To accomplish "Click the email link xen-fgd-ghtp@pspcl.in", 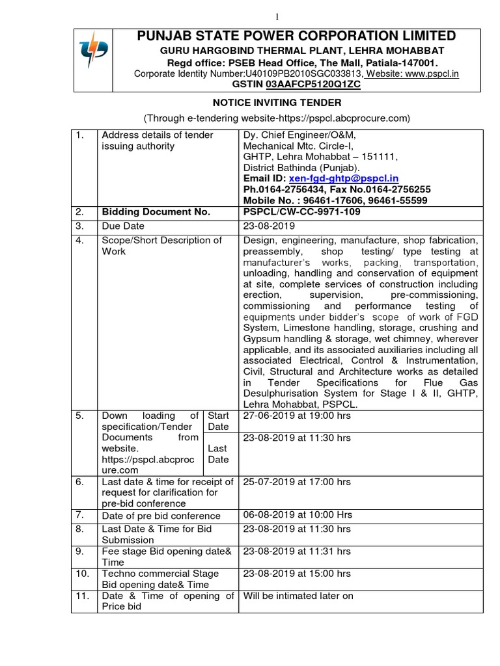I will click(344, 178).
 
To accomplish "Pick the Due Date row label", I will click(124, 226).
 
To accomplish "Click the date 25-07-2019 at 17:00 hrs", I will click(297, 482).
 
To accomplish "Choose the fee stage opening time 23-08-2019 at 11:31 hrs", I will click(297, 551).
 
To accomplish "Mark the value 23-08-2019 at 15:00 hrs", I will click(297, 574).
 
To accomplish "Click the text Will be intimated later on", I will click(298, 596).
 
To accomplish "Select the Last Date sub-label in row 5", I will click(217, 454).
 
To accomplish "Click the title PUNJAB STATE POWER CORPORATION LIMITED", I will click(296, 36).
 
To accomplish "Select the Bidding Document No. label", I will click(156, 212).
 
